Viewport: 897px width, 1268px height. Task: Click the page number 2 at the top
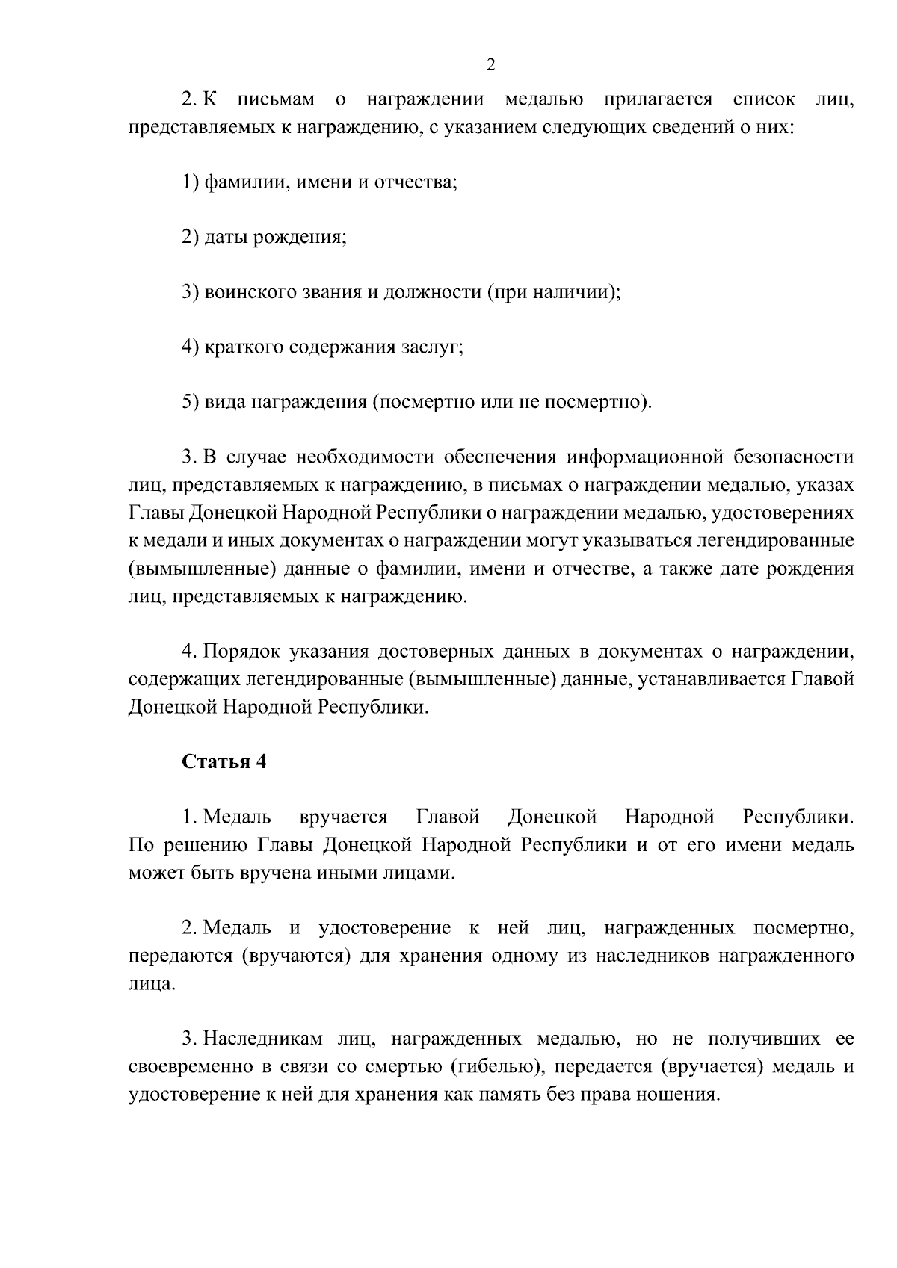pos(490,65)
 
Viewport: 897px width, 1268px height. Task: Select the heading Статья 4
pos(224,762)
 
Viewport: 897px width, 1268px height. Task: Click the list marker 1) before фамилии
pos(191,182)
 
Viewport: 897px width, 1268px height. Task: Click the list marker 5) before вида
pos(191,403)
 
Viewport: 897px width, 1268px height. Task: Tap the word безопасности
pos(794,457)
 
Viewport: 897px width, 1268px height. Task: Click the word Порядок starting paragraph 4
pos(241,652)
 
